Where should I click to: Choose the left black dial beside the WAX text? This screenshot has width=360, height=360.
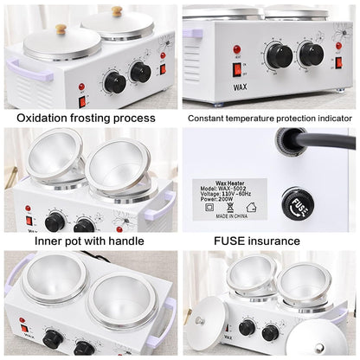[280, 56]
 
